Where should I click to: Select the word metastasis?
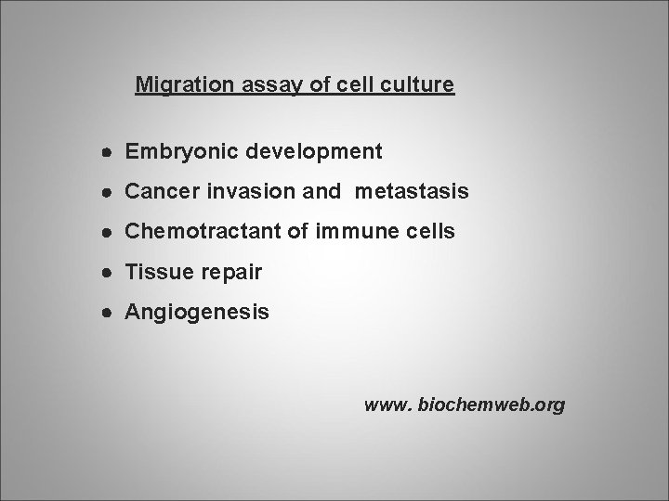(409, 191)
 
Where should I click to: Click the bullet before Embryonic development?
(109, 151)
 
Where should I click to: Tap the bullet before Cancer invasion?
(109, 192)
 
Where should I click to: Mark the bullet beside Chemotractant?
(109, 233)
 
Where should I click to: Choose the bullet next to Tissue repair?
(109, 274)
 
